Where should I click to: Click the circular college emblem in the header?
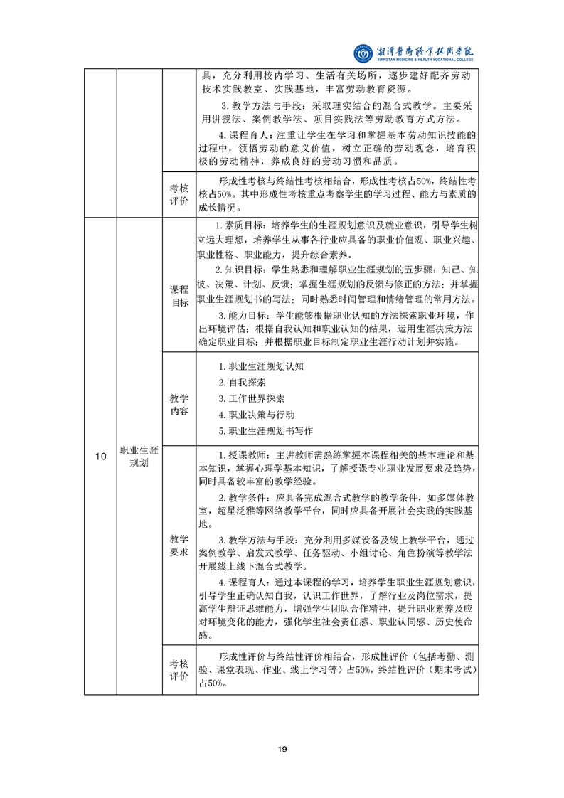click(363, 53)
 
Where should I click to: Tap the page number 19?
click(282, 748)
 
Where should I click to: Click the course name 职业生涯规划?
click(139, 457)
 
